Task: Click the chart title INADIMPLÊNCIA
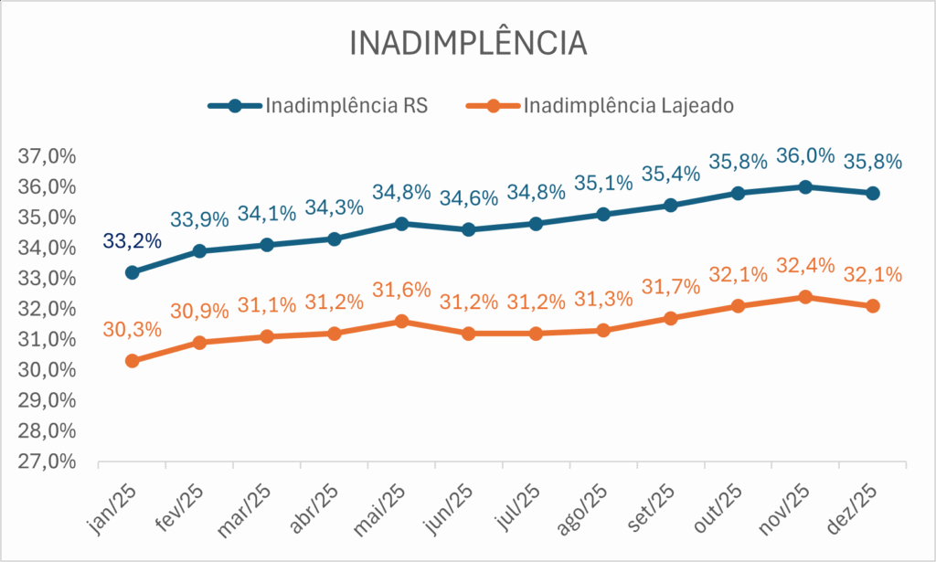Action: click(x=467, y=43)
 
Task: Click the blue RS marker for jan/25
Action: click(x=133, y=272)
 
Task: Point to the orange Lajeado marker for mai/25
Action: click(x=402, y=321)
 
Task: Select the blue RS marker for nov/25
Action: click(x=805, y=186)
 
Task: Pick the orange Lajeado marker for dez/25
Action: click(x=873, y=306)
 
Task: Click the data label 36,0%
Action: click(x=805, y=155)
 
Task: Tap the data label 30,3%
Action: click(x=133, y=329)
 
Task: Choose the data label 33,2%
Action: click(x=133, y=241)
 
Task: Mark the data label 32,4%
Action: click(x=805, y=266)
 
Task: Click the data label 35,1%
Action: click(x=603, y=183)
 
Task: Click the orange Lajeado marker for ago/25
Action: click(x=603, y=330)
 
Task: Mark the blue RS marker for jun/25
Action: click(x=469, y=229)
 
